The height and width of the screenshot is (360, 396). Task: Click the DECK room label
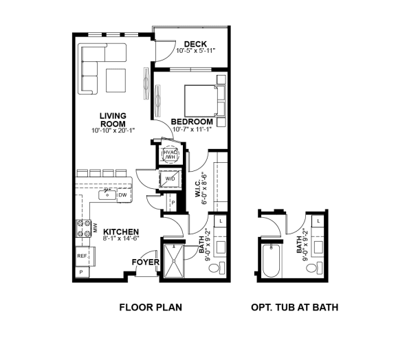tap(195, 44)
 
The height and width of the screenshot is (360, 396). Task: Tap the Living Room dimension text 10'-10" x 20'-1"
tap(113, 131)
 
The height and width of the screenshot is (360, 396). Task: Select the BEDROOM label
tap(192, 122)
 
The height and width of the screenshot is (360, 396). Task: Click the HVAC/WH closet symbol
tap(170, 155)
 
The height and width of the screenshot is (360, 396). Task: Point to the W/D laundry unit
tap(170, 179)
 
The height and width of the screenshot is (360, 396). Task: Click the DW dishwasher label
tap(122, 195)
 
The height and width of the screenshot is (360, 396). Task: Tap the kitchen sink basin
tap(107, 195)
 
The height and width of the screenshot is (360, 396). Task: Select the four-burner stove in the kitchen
tap(84, 228)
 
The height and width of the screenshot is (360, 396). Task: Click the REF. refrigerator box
tap(82, 256)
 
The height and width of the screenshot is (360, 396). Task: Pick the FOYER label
tap(146, 262)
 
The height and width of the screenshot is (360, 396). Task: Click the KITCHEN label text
tap(121, 232)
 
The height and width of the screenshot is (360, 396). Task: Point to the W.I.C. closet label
tap(198, 188)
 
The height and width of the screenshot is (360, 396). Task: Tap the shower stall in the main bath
tap(174, 261)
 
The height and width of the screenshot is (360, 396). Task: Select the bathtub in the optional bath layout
tap(272, 261)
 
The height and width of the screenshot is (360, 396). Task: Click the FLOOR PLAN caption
tap(151, 307)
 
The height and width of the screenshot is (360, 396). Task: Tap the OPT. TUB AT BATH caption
tap(294, 307)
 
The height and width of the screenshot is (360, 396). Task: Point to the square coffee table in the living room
tap(115, 80)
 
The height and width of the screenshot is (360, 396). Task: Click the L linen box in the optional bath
tap(318, 221)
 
